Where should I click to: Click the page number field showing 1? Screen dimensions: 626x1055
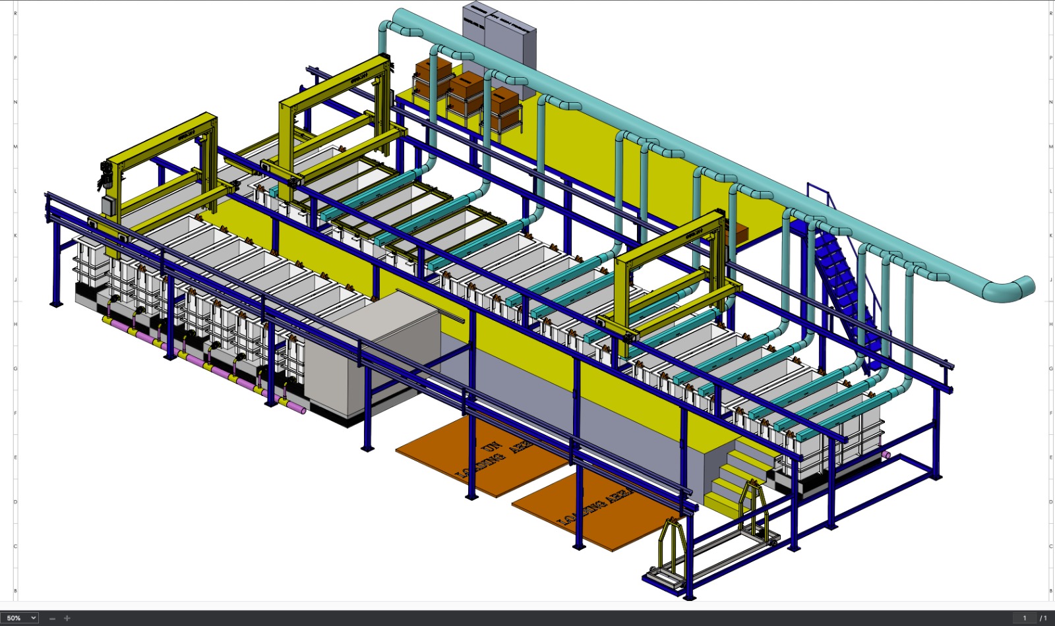[x=1024, y=618]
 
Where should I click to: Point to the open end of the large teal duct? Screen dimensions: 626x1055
[x=1021, y=287]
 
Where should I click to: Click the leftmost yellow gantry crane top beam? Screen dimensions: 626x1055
[x=162, y=142]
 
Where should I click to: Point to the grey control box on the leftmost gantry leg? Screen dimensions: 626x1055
[x=108, y=207]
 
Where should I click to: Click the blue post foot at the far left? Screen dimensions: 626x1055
[x=56, y=304]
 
